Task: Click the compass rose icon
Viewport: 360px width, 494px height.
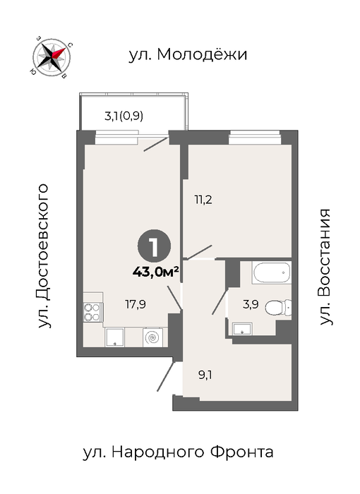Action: (51, 57)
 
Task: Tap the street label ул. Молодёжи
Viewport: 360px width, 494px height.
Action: (188, 54)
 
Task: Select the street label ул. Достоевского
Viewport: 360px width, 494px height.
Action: (43, 255)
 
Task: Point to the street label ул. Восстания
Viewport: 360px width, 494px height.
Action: (325, 267)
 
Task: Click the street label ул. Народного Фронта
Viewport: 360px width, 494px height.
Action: (178, 452)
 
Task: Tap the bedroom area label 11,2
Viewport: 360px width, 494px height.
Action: (203, 200)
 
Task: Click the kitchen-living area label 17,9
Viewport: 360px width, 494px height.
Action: (136, 304)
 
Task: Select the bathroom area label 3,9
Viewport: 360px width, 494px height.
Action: (251, 304)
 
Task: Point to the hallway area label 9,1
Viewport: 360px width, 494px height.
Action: (205, 375)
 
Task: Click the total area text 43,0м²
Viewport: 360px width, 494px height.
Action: (156, 272)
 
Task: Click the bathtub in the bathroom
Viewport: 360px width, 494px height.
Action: (272, 272)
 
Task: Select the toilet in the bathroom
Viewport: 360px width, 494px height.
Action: (278, 308)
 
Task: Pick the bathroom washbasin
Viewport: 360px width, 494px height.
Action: (242, 329)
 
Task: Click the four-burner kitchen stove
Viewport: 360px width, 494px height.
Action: (92, 312)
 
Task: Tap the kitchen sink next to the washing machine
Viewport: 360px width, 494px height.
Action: (114, 337)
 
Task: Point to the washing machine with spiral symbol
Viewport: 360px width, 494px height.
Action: (153, 337)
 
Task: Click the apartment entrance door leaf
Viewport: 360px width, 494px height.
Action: (166, 377)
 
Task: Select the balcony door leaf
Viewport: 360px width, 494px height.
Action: (156, 144)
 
